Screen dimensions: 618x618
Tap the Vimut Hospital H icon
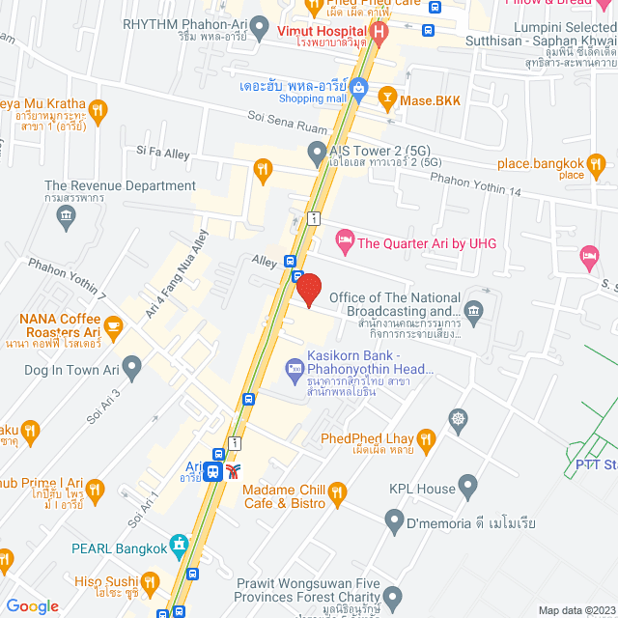pos(379,32)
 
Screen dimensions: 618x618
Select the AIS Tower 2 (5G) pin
pos(316,152)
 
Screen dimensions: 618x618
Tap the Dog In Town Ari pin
pos(132,366)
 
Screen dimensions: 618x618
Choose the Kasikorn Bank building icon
pos(294,367)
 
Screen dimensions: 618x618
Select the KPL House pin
pos(468,485)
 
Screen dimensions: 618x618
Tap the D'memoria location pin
pos(393,522)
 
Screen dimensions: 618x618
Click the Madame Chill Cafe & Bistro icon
pos(336,493)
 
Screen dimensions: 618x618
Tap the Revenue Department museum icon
pos(67,215)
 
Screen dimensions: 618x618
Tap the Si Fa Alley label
pos(163,152)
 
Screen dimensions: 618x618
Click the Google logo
pos(31,605)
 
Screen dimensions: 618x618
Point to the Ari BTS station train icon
pos(232,471)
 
